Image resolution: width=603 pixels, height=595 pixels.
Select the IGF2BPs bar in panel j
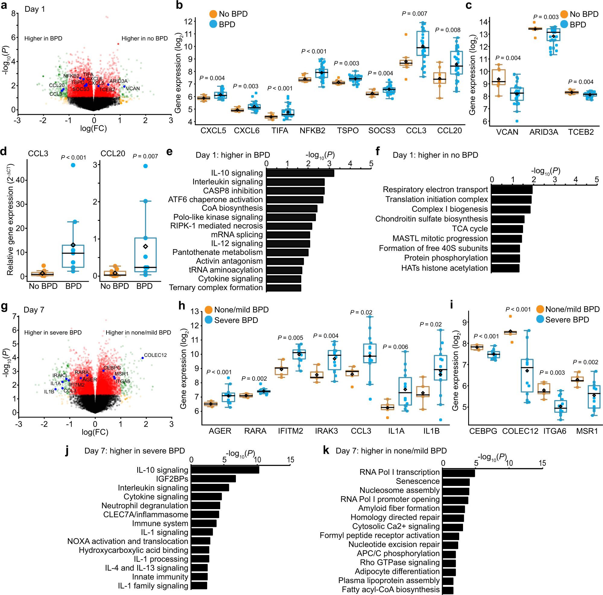pos(213,479)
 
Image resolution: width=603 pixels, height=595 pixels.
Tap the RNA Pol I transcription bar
pos(459,473)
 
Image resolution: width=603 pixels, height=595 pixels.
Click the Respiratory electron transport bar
pos(512,189)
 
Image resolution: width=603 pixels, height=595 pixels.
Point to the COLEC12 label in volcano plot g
pos(155,355)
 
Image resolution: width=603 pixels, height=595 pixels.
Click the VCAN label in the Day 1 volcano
pos(133,89)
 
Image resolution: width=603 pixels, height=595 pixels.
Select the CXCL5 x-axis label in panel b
pos(213,130)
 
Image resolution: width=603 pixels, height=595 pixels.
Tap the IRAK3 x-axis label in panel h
pos(326,431)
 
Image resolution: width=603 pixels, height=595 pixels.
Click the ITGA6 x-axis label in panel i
pos(555,431)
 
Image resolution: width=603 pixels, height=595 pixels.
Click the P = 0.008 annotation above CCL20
pos(448,30)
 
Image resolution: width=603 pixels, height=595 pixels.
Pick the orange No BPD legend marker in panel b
pos(213,14)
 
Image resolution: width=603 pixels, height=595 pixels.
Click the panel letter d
pos(4,152)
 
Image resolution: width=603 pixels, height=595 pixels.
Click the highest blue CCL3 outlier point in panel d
pos(73,165)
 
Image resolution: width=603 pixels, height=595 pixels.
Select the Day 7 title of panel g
pos(34,310)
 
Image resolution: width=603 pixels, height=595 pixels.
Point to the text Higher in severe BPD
pos(53,333)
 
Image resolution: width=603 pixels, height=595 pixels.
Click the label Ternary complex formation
pos(216,287)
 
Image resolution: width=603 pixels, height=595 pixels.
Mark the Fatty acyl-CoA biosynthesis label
pos(390,589)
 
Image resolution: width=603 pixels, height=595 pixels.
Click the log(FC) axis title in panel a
pos(93,128)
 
